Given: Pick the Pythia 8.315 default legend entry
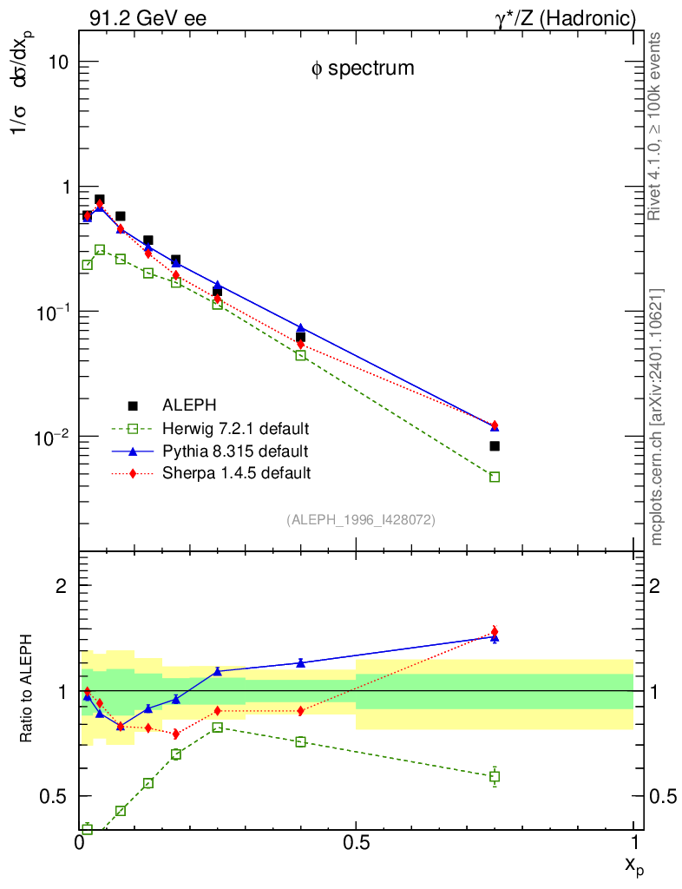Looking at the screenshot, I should point(234,451).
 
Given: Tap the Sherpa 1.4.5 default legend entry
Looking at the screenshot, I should point(236,474).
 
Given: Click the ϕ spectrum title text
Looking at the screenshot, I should point(363,69).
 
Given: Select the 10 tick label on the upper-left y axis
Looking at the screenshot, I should point(58,63).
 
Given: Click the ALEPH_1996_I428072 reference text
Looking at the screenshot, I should point(361,520).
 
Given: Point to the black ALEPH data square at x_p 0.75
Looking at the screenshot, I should point(495,446).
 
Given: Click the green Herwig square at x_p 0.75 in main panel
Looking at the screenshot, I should point(495,477).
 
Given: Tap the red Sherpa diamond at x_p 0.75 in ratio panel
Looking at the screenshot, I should point(495,631).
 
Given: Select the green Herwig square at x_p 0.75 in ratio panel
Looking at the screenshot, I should point(495,776).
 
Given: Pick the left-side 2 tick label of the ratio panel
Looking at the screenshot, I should point(63,585).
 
